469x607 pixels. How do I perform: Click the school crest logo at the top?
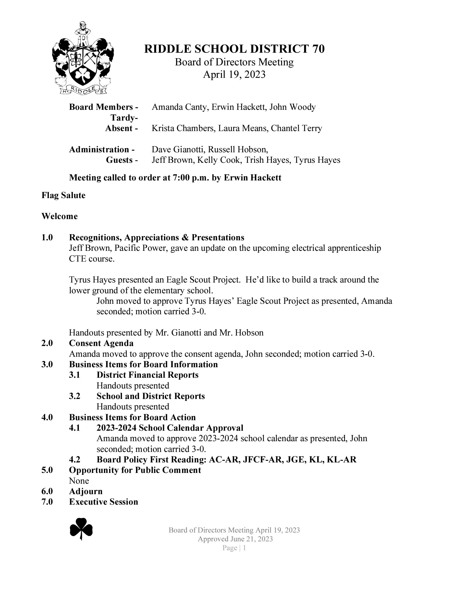(83, 58)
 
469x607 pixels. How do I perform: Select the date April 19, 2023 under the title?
(234, 74)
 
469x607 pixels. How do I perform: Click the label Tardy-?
(124, 118)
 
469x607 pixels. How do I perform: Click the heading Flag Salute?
(63, 195)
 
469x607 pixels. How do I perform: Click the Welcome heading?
(60, 216)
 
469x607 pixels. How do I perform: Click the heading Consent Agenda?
(101, 343)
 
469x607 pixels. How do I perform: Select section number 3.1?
(74, 375)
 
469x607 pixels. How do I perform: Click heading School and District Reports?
(151, 396)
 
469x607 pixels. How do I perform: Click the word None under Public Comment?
(79, 481)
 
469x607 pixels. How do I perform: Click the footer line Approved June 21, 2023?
(235, 539)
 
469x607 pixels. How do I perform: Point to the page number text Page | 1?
(234, 548)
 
